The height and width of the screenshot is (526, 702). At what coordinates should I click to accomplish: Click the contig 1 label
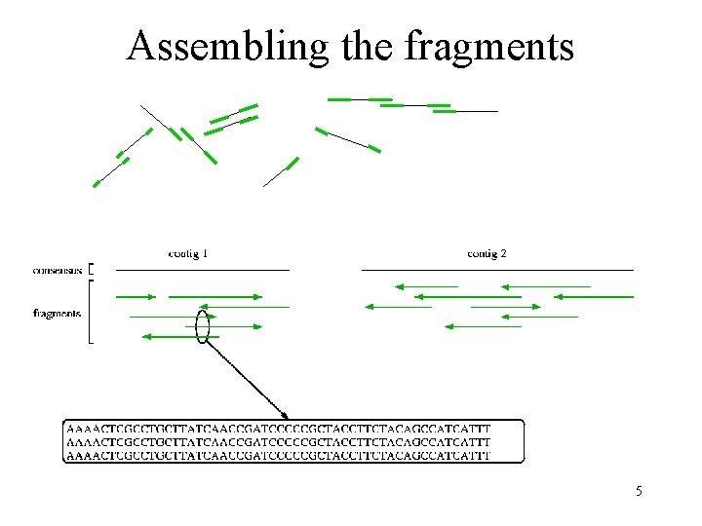coord(188,253)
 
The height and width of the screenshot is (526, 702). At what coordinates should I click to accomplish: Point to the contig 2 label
coord(487,253)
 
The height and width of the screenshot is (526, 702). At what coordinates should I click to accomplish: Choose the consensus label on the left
coord(58,269)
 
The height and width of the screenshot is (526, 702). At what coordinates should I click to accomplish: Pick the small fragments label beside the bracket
coord(57,314)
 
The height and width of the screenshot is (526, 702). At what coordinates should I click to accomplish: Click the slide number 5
coord(639,491)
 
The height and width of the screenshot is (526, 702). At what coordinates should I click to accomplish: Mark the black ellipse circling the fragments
coord(203,326)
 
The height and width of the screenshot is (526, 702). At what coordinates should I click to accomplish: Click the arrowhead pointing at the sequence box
coord(284,413)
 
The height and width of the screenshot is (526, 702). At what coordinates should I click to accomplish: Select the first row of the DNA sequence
coord(279,428)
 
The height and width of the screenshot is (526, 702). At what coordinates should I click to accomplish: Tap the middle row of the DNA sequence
coord(279,441)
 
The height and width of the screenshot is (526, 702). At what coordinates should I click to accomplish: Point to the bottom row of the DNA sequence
coord(279,454)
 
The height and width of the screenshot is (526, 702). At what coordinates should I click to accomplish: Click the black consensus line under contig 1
coord(203,269)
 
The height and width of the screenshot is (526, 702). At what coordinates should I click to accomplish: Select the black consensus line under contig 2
coord(497,269)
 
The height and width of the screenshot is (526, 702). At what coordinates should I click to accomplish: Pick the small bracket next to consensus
coord(91,269)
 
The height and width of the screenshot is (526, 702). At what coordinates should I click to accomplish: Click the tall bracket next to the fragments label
coord(91,312)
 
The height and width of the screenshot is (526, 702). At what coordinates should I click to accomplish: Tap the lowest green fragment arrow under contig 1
coord(180,337)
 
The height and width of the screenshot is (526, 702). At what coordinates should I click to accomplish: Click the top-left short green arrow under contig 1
coord(136,295)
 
